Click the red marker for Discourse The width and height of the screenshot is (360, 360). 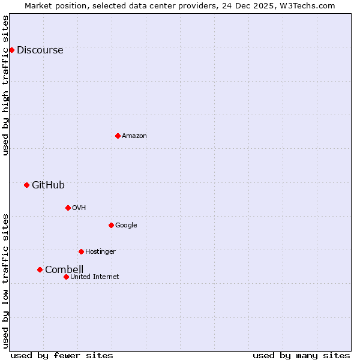[11, 50]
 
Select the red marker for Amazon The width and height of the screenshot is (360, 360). [118, 136]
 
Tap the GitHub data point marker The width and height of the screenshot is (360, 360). [26, 185]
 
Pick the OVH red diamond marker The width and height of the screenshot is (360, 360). [68, 208]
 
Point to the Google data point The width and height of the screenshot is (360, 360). [111, 225]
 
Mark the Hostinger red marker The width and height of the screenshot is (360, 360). [81, 251]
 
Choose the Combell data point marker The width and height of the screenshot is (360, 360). [40, 269]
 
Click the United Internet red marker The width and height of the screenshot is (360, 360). [66, 277]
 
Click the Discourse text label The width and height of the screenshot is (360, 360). [40, 50]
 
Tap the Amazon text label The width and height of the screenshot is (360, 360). [134, 136]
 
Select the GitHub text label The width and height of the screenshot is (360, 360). [48, 185]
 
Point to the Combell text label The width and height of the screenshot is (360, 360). [64, 270]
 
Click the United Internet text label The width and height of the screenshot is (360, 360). [95, 277]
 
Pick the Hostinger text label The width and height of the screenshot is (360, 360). [100, 252]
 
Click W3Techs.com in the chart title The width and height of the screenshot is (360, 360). [310, 6]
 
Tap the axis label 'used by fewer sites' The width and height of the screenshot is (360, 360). [62, 355]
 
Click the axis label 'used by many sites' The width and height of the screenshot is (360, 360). [301, 355]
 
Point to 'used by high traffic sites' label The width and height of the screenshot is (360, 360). [6, 85]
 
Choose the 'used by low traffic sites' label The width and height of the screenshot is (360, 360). [6, 281]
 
